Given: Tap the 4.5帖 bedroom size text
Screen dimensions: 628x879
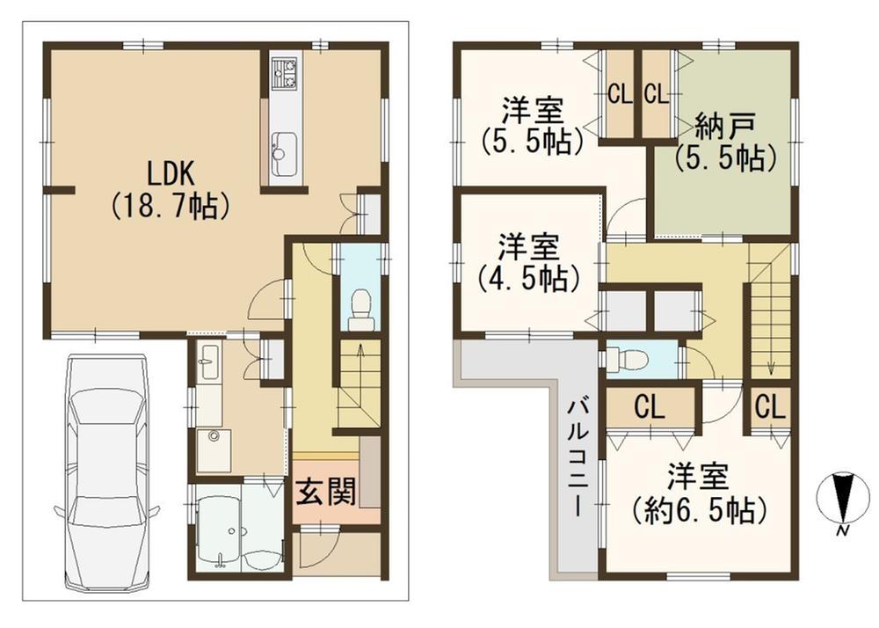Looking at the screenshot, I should coord(528,278).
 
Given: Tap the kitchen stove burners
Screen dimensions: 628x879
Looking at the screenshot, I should coord(285,74).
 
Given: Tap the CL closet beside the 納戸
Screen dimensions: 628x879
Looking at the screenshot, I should coord(654,93).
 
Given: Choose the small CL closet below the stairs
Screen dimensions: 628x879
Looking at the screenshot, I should coord(768,407).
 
